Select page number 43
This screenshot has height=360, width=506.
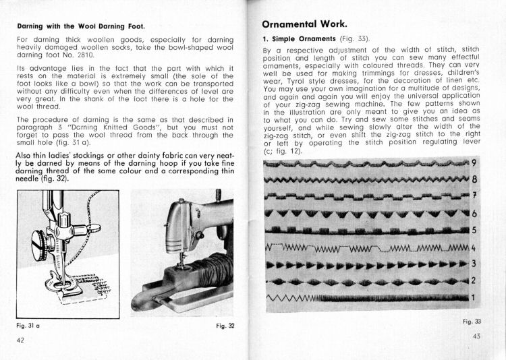pos(476,336)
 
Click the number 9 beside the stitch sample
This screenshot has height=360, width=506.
pos(474,162)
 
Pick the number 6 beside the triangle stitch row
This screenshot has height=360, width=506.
pos(474,214)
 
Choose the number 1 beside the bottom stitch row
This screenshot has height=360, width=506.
pos(474,297)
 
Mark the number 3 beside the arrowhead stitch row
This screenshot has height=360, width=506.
pos(474,264)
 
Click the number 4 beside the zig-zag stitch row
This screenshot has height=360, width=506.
pos(474,247)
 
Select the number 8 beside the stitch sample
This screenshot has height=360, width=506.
pos(474,179)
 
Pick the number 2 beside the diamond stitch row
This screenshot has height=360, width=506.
pos(474,280)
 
